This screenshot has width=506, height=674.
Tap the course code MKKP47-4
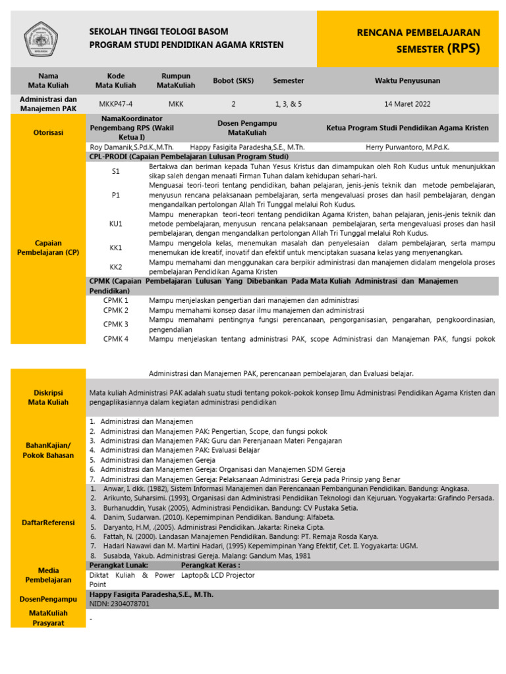[115, 103]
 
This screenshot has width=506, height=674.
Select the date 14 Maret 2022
[407, 103]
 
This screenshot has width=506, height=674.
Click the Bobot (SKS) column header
[233, 80]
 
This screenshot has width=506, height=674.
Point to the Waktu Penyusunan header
[407, 80]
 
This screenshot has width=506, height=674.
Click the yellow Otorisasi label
[48, 132]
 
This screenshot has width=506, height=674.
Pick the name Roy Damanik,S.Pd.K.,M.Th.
[131, 148]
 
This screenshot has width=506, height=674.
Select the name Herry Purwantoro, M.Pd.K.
[407, 148]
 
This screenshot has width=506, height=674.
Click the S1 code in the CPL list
[116, 171]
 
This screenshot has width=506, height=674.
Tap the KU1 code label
[116, 224]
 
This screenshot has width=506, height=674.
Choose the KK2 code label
[116, 267]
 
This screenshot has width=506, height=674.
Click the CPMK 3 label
[116, 324]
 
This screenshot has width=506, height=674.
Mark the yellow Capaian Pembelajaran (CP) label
[48, 247]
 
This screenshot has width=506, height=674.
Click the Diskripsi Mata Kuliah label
[48, 397]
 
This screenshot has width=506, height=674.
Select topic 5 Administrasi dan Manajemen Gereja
[148, 459]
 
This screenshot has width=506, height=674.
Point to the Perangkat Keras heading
[210, 565]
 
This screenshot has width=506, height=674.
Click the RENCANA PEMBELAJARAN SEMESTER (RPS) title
[418, 40]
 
